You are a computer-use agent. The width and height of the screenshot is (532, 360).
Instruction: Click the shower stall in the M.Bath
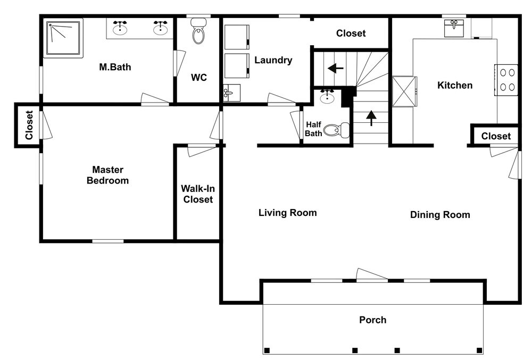(63, 38)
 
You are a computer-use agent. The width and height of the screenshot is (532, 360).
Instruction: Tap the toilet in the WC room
(198, 31)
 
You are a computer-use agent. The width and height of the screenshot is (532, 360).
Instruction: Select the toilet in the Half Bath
(336, 130)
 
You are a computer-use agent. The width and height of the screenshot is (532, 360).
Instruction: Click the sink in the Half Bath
(327, 97)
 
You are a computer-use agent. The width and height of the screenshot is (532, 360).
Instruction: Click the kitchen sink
(454, 28)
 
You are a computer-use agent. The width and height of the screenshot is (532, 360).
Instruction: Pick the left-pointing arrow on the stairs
(336, 69)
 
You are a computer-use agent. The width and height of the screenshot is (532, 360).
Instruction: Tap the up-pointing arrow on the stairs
(371, 118)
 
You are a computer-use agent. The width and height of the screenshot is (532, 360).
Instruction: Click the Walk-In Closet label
(198, 194)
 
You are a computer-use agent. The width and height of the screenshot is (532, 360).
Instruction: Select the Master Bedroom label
(107, 175)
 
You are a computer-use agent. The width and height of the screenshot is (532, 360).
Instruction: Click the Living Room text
(288, 213)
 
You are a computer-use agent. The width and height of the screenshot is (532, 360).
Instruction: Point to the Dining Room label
(440, 215)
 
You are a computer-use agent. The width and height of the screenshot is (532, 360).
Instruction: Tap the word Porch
(372, 320)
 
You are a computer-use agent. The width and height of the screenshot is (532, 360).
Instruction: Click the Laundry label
(273, 60)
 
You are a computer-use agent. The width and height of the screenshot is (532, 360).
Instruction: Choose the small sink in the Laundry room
(232, 93)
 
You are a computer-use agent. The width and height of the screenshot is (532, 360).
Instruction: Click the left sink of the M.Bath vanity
(120, 28)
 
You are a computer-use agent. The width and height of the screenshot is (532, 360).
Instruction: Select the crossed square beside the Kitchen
(404, 91)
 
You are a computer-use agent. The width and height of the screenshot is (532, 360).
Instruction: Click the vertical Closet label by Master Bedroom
(29, 125)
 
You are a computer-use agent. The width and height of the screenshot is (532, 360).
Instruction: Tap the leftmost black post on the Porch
(267, 350)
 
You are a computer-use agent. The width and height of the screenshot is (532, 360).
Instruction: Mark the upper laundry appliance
(237, 37)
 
